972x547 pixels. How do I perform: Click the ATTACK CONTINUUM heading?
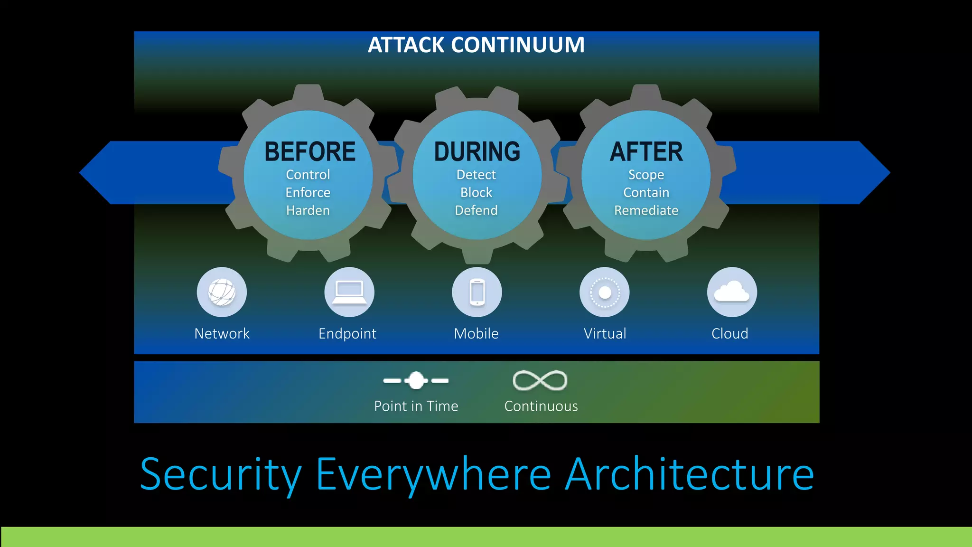476,45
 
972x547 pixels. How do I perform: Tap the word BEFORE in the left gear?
310,152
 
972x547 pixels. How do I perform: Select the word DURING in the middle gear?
477,152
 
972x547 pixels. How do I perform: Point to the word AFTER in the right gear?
646,152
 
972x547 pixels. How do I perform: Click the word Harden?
308,210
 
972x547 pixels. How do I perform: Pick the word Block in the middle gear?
476,192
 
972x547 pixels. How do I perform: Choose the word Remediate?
646,210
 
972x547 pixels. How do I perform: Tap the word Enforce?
308,192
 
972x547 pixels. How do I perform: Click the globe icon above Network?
222,292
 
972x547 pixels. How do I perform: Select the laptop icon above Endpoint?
349,292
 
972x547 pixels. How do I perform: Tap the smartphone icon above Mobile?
477,292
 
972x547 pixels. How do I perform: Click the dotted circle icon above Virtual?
605,292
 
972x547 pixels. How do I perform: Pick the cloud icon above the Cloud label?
732,292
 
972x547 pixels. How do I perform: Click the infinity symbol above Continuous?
540,380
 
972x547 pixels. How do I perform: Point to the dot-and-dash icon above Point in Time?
416,380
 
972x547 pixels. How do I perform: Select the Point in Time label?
416,406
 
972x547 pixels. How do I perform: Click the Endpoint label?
347,333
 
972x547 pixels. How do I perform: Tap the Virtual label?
605,333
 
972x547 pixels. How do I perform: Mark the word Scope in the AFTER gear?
646,174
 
